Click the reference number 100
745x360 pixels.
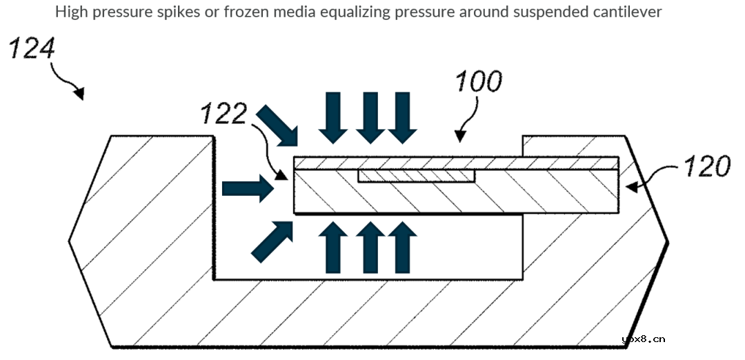click(x=477, y=82)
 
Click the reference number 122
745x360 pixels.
click(x=223, y=114)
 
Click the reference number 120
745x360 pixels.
click(x=706, y=167)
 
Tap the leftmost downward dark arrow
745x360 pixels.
click(x=335, y=117)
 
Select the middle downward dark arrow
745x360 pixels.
click(x=370, y=117)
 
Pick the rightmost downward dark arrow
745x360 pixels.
click(x=402, y=117)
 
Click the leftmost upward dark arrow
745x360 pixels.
click(x=333, y=248)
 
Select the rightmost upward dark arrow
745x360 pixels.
click(x=401, y=248)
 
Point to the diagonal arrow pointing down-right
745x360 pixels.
click(x=277, y=126)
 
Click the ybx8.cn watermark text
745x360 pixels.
click(x=643, y=339)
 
